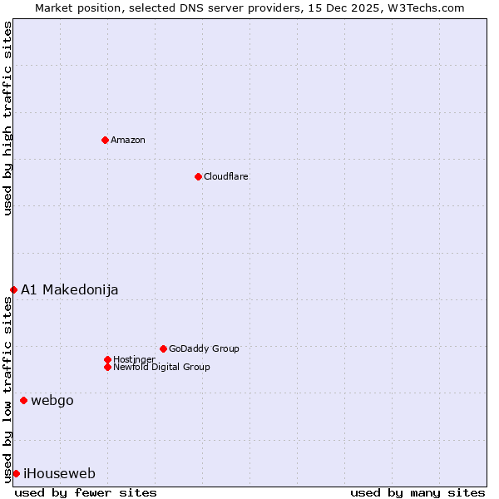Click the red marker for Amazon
(x=105, y=140)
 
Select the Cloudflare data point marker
(x=198, y=176)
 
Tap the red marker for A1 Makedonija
(x=13, y=289)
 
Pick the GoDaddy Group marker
(x=163, y=348)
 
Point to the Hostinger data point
(x=107, y=359)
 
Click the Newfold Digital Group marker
(x=107, y=367)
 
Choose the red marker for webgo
(x=23, y=400)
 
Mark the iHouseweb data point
(x=16, y=473)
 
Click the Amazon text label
(x=128, y=140)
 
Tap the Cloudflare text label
(x=226, y=176)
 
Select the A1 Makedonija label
(x=70, y=289)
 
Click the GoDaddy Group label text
(x=204, y=348)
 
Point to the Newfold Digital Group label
(x=162, y=367)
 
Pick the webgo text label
(x=52, y=400)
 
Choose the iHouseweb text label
(x=60, y=473)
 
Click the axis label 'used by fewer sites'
(x=86, y=492)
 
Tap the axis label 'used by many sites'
(x=417, y=492)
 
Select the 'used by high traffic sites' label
(x=7, y=118)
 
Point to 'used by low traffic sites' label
(x=7, y=389)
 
